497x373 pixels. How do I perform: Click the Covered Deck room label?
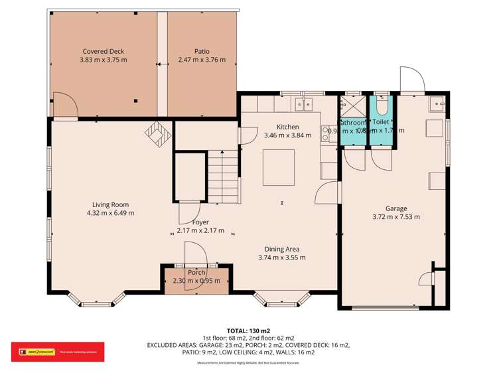(103, 51)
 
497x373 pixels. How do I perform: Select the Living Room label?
(110, 204)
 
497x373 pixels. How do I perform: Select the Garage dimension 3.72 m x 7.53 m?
(396, 216)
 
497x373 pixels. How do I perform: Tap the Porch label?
(196, 273)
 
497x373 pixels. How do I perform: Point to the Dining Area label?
(281, 249)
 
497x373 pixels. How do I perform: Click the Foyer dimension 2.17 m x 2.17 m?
(200, 231)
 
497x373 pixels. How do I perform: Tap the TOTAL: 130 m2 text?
(249, 330)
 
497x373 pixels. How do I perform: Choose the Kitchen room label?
(287, 127)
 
